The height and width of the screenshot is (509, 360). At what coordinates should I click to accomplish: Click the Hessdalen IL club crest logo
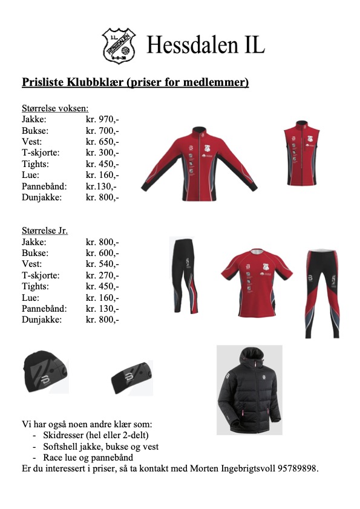click(x=119, y=44)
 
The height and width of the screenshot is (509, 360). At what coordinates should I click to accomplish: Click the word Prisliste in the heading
click(x=43, y=82)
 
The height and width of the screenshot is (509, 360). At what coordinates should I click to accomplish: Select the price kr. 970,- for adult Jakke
click(x=102, y=119)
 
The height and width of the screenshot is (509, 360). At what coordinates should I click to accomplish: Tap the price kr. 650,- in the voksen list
click(x=102, y=142)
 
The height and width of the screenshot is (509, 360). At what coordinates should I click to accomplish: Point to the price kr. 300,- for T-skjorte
click(x=102, y=153)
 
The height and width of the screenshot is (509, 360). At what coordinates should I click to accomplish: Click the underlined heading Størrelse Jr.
click(x=45, y=231)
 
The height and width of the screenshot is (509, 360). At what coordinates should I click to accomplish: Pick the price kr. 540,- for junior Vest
click(x=102, y=264)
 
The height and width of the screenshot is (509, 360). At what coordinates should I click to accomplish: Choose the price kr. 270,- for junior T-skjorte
click(x=102, y=275)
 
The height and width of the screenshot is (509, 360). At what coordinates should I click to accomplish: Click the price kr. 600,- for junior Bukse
click(x=102, y=253)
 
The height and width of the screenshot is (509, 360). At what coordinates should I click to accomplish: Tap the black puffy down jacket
click(x=249, y=389)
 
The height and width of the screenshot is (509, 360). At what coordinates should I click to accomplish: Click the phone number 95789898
click(x=296, y=468)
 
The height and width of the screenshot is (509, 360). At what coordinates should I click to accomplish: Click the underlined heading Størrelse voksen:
click(x=54, y=108)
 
